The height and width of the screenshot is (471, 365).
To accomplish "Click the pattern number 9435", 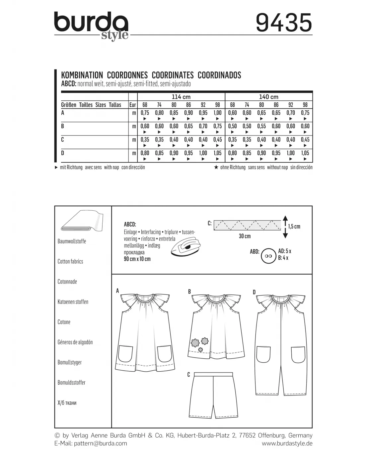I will [284, 23].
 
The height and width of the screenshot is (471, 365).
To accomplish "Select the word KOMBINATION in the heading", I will [82, 75].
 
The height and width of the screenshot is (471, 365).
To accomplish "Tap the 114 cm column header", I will [181, 97].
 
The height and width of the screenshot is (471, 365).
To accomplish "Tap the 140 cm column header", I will [268, 97].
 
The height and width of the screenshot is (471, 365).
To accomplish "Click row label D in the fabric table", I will [63, 153].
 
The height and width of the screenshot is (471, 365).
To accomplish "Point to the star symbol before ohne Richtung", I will [216, 168].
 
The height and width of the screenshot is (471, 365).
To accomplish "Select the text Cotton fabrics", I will [70, 261].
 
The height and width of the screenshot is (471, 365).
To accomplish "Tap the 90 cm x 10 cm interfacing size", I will [137, 259].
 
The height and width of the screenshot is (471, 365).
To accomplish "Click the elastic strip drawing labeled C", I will [247, 225].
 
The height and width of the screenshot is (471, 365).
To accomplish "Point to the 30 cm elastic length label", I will [245, 236].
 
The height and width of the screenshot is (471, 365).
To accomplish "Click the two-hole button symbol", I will [268, 256].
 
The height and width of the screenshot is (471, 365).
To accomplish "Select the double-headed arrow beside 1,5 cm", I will [285, 227].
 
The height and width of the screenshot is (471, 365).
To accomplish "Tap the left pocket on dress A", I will [125, 353].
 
